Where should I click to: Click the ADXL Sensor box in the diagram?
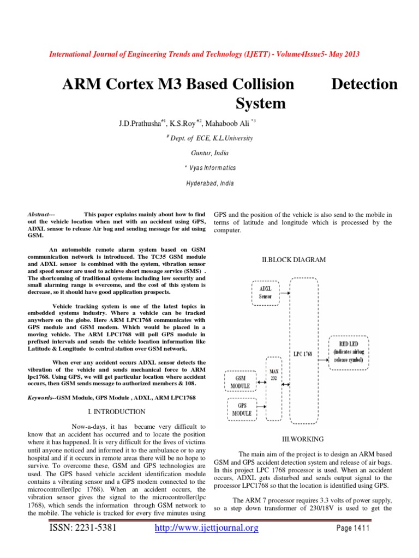click(265, 293)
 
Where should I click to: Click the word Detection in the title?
click(364, 84)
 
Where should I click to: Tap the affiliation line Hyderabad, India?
click(209, 184)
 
